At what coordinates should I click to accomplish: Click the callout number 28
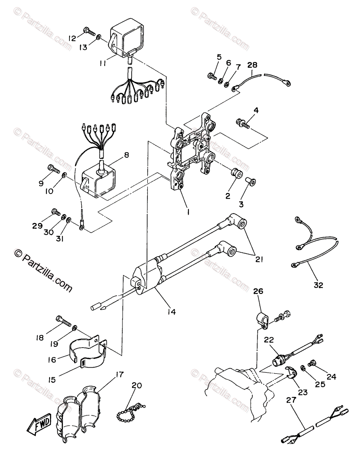tap(253, 65)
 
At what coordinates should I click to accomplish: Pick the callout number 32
tap(319, 285)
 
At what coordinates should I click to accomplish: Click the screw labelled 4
tap(243, 123)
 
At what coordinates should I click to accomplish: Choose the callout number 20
tap(136, 386)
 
